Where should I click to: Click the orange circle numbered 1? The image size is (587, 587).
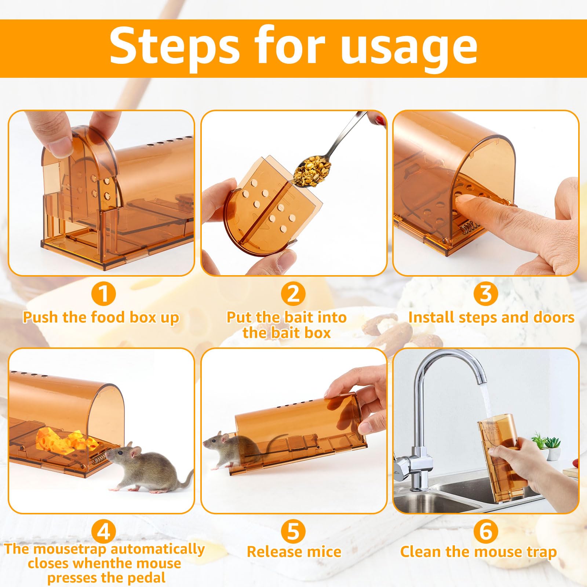(104, 293)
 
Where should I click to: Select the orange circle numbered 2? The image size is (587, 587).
(293, 293)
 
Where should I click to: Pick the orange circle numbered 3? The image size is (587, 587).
(486, 293)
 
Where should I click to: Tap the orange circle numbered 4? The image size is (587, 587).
(104, 531)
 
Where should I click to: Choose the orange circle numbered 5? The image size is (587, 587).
(293, 531)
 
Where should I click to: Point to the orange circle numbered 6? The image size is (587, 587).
(486, 531)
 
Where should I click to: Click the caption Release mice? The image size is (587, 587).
(294, 552)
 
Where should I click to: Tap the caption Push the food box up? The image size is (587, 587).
(101, 318)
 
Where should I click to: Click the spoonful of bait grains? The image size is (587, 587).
(313, 171)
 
